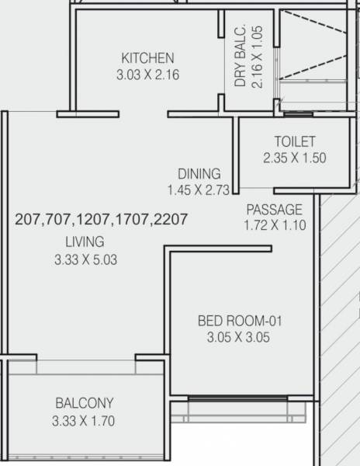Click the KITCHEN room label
pyautogui.click(x=147, y=58)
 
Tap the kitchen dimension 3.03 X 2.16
pyautogui.click(x=147, y=75)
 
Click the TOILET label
pyautogui.click(x=294, y=141)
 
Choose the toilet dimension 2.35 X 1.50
pyautogui.click(x=294, y=158)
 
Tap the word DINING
pyautogui.click(x=199, y=174)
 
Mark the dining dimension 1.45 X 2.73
pyautogui.click(x=199, y=190)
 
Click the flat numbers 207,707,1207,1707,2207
pyautogui.click(x=101, y=220)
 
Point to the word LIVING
pyautogui.click(x=85, y=242)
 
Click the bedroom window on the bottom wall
pyautogui.click(x=241, y=399)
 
